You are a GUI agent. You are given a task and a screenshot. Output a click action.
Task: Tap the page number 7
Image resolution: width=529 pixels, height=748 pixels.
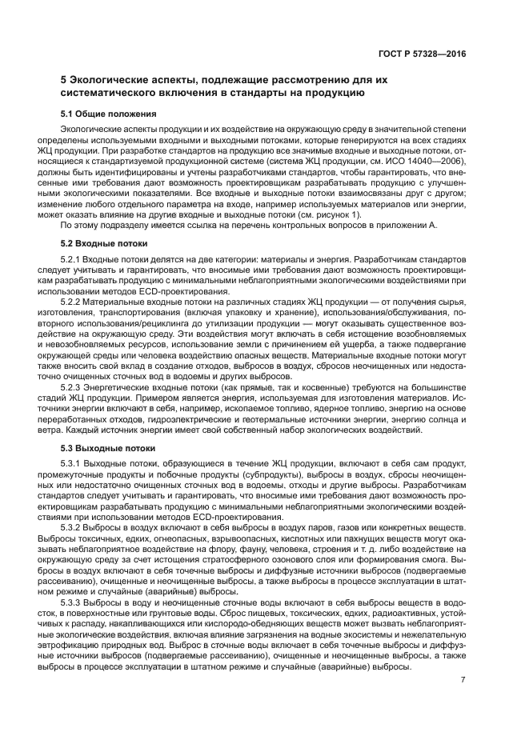tap(463, 680)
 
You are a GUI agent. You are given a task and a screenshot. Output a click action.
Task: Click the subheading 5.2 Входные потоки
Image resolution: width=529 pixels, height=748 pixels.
tap(104, 242)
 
